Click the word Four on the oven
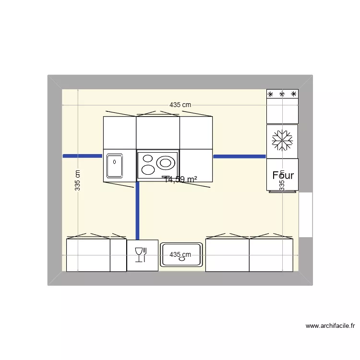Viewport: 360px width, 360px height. click(283, 175)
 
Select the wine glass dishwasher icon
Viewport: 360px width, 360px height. click(140, 255)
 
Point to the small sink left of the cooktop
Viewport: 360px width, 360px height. click(114, 165)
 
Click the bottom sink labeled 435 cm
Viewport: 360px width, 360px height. click(180, 255)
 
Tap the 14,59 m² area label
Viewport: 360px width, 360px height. click(181, 180)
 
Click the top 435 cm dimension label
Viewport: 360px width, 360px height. click(180, 105)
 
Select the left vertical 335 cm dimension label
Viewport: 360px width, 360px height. click(77, 180)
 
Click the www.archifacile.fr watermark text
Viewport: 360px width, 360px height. click(330, 326)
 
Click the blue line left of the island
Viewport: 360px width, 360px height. click(83, 156)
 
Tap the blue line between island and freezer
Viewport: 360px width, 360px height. click(239, 156)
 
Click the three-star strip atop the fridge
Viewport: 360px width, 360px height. click(282, 94)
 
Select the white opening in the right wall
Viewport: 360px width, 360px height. click(306, 214)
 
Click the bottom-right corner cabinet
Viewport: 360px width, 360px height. click(271, 255)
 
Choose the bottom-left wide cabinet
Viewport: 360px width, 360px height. click(88, 255)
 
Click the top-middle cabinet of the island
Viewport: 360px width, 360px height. click(158, 132)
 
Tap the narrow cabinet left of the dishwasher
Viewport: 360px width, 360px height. click(118, 255)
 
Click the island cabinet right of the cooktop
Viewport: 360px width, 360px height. click(196, 165)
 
